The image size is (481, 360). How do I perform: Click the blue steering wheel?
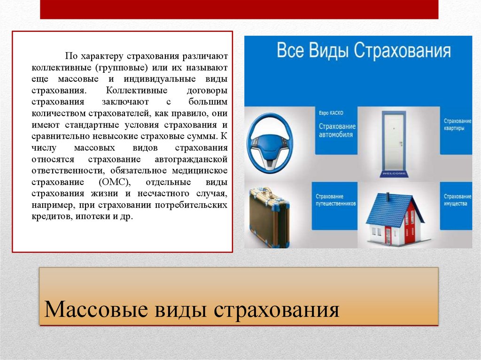(270, 144)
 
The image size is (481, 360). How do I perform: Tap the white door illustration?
(394, 143)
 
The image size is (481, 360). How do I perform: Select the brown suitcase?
(269, 217)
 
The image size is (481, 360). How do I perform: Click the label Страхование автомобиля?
(337, 130)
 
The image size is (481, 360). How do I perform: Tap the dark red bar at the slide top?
(239, 9)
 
